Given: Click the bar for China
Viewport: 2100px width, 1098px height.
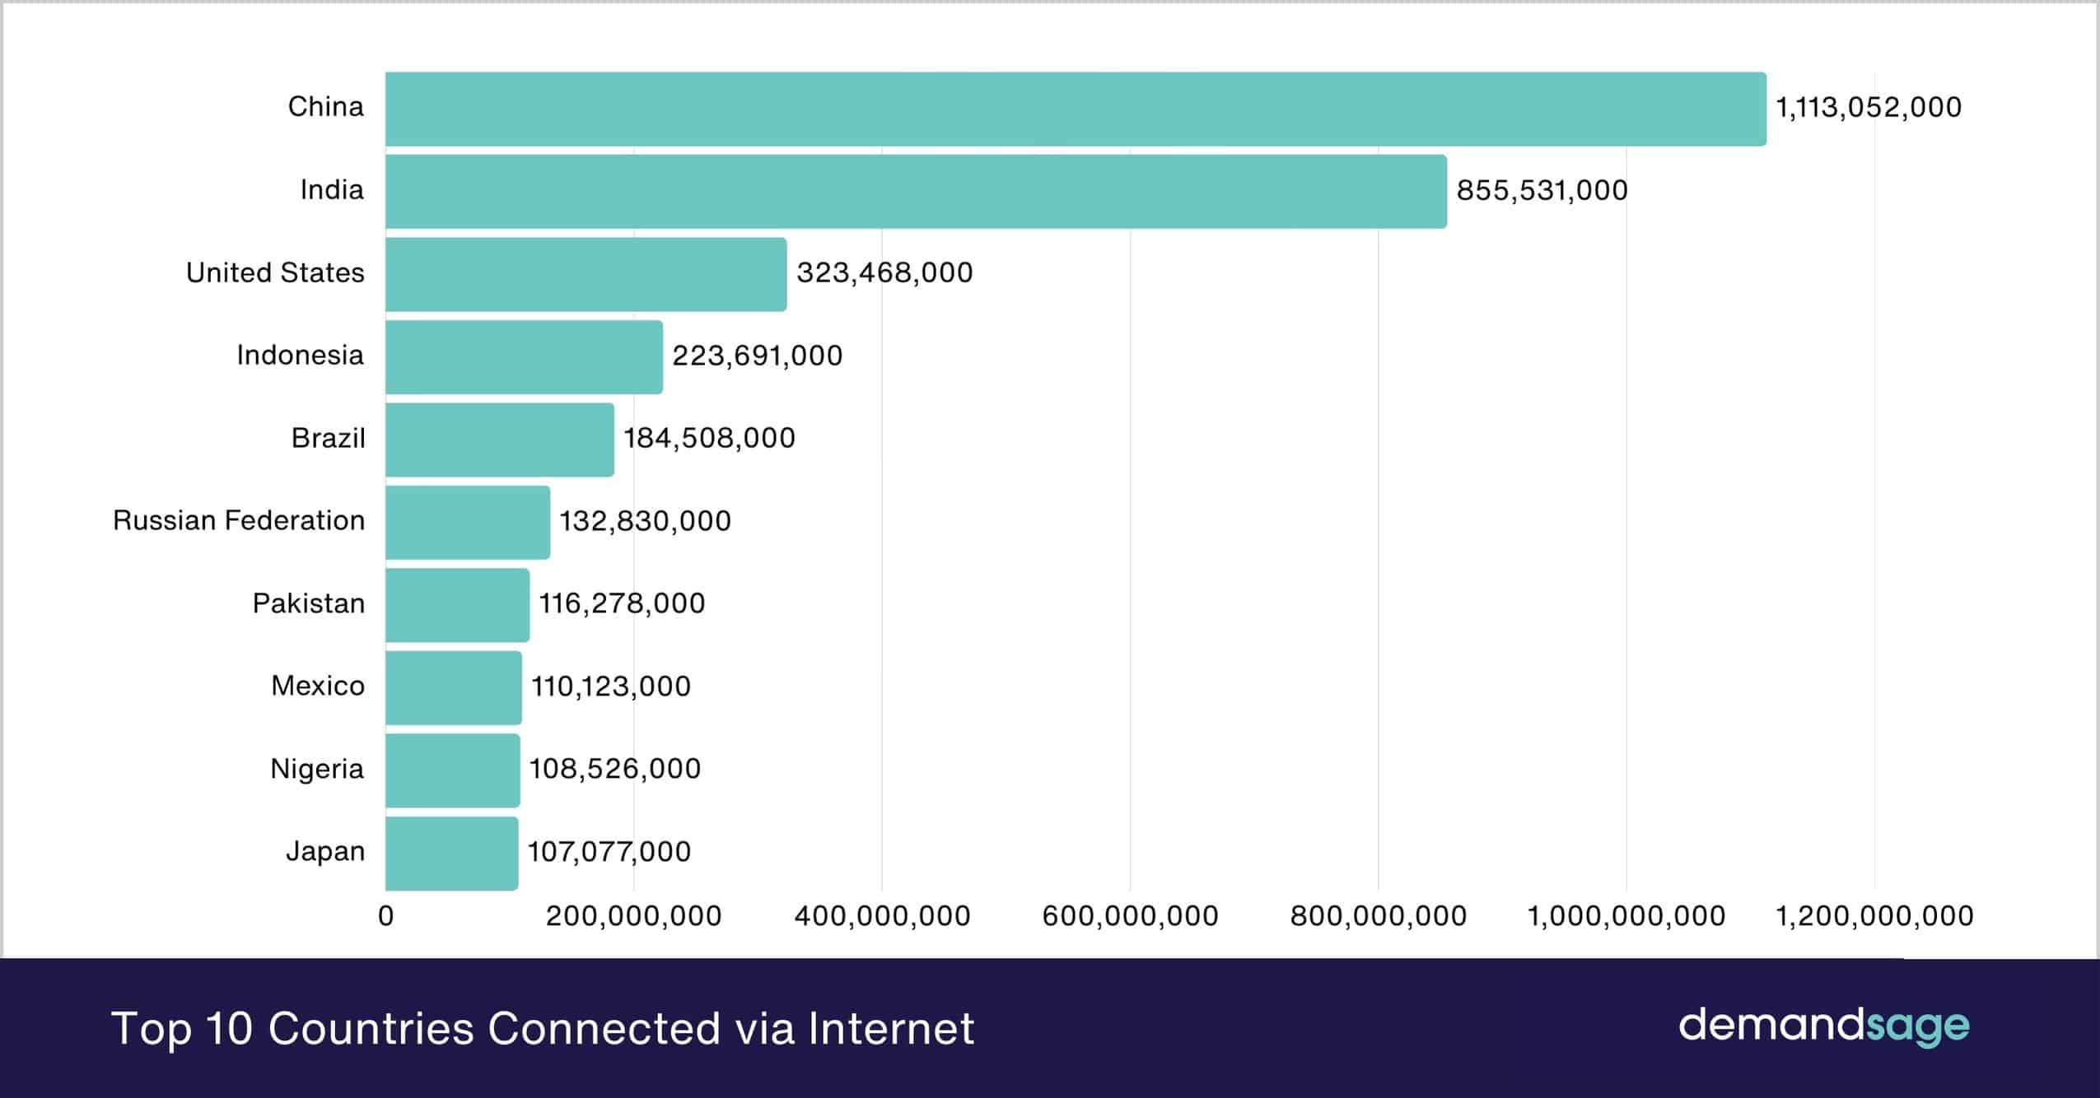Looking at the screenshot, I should click(1075, 109).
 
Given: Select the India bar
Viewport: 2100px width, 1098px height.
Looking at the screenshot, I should click(916, 191).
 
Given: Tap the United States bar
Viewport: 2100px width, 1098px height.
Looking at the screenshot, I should click(586, 274).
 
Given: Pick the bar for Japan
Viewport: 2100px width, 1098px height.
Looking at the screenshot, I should click(451, 853).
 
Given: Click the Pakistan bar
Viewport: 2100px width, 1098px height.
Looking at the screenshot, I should click(457, 605).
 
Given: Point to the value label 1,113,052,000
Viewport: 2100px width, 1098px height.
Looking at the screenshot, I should click(1868, 108).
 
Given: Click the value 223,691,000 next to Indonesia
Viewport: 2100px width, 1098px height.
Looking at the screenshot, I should click(757, 356).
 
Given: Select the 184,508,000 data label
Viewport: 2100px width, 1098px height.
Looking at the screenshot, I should click(709, 438).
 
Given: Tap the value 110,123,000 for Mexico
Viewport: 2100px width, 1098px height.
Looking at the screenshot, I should click(610, 686).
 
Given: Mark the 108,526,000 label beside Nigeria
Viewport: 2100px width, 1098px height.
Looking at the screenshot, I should click(614, 769).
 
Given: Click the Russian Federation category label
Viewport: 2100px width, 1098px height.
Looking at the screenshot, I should click(238, 521).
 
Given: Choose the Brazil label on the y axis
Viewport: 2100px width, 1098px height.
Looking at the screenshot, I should click(328, 438).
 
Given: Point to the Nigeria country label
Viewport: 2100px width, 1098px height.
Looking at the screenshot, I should click(317, 769).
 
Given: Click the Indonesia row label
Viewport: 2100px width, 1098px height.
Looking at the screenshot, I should click(300, 356).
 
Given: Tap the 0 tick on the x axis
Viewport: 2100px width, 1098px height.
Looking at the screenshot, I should click(385, 916).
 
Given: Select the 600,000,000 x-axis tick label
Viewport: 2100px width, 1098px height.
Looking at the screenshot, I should click(1130, 916).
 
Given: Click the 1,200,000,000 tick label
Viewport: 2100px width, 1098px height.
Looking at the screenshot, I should click(1874, 916).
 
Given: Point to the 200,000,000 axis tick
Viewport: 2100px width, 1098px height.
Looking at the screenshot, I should click(633, 916).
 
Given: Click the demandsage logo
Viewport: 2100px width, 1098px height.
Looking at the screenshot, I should click(1823, 1026).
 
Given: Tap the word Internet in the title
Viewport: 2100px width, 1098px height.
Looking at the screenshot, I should click(891, 1029).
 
